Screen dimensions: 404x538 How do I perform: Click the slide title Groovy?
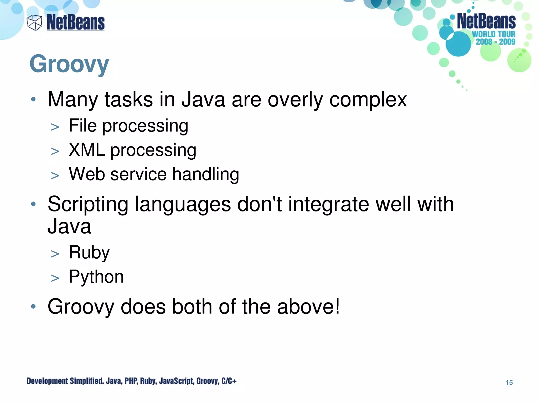[69, 64]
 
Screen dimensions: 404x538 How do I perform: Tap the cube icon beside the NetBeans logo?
[34, 23]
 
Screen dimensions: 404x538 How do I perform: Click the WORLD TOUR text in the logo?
[493, 34]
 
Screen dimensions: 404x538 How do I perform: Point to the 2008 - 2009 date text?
[495, 42]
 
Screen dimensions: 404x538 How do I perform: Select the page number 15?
[509, 382]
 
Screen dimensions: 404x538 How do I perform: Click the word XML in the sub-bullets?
[87, 150]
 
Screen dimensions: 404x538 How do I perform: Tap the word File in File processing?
[82, 125]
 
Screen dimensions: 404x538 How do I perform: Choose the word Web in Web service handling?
[87, 174]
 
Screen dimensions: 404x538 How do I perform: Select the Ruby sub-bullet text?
[89, 252]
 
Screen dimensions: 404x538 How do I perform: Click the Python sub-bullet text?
[96, 277]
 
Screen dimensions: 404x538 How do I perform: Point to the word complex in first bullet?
[368, 100]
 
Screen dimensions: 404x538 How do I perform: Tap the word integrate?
[328, 204]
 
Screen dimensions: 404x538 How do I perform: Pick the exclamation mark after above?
[337, 306]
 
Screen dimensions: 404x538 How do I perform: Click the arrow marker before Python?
[55, 278]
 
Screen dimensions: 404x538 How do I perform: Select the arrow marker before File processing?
[55, 127]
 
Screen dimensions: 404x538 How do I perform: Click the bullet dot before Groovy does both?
[33, 306]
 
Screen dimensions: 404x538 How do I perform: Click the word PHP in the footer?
[131, 381]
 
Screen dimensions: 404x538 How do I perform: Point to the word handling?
[205, 174]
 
